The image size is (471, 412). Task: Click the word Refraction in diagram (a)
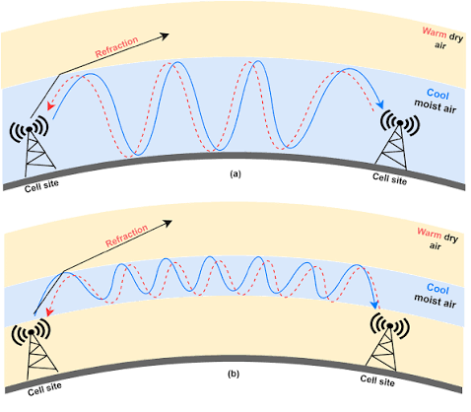click(116, 47)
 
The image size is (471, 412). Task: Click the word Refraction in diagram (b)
click(127, 236)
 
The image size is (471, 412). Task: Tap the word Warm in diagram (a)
click(435, 33)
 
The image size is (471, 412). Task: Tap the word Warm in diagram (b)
click(430, 233)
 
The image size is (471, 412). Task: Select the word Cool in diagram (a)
click(437, 95)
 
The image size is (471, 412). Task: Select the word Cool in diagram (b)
click(437, 289)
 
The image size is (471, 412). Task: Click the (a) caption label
click(235, 173)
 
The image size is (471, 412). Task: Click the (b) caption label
click(234, 374)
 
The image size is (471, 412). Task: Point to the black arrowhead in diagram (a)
click(165, 35)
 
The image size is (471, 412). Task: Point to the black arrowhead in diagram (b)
click(168, 223)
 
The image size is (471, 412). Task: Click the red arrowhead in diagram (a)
click(50, 105)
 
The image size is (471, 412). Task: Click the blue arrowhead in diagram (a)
click(380, 104)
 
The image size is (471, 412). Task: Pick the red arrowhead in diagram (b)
click(49, 311)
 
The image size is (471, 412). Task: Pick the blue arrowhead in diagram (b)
click(374, 305)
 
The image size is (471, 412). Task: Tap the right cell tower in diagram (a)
click(396, 140)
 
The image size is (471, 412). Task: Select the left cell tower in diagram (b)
click(35, 350)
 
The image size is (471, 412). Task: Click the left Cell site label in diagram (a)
click(41, 186)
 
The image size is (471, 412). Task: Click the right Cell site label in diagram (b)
click(377, 380)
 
